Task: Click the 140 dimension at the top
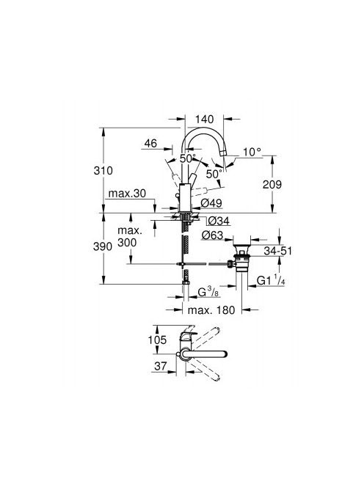[x=205, y=120]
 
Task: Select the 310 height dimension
[x=103, y=170]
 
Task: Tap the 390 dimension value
[x=103, y=246]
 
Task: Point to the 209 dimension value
[x=272, y=185]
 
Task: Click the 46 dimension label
[x=150, y=144]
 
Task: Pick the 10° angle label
[x=252, y=152]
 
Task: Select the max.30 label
[x=127, y=194]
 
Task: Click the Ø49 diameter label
[x=211, y=203]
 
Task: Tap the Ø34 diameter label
[x=219, y=221]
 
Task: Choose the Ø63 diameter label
[x=212, y=235]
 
